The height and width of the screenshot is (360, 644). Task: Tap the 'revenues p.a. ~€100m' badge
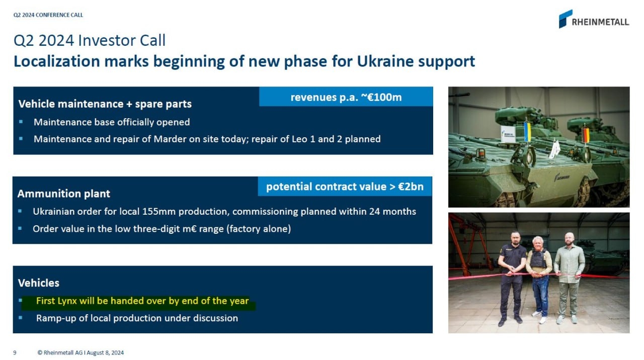tap(346, 97)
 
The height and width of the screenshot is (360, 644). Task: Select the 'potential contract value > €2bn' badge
tap(345, 187)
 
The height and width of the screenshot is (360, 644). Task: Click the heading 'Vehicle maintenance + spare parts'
tap(105, 104)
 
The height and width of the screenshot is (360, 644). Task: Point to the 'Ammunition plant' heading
tap(64, 194)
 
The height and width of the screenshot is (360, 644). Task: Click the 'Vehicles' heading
tap(39, 283)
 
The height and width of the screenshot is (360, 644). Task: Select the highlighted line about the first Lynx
tap(142, 301)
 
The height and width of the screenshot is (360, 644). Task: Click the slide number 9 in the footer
tap(15, 352)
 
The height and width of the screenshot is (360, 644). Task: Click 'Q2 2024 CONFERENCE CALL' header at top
tap(48, 15)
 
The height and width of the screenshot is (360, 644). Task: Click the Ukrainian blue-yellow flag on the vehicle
tap(527, 132)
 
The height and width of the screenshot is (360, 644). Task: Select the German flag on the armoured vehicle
tap(585, 135)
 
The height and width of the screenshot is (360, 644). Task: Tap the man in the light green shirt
tap(569, 274)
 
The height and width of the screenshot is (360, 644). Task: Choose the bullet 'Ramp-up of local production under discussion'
tap(137, 318)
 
